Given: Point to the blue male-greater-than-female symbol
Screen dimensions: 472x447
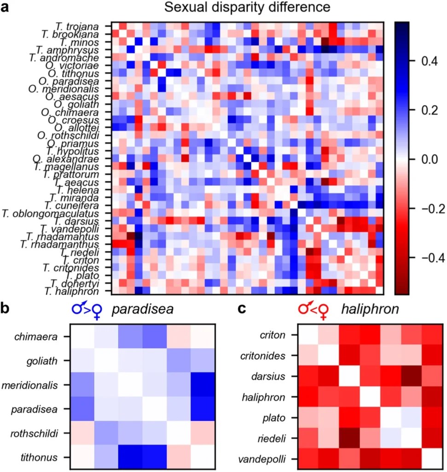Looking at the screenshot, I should click(x=90, y=310).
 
